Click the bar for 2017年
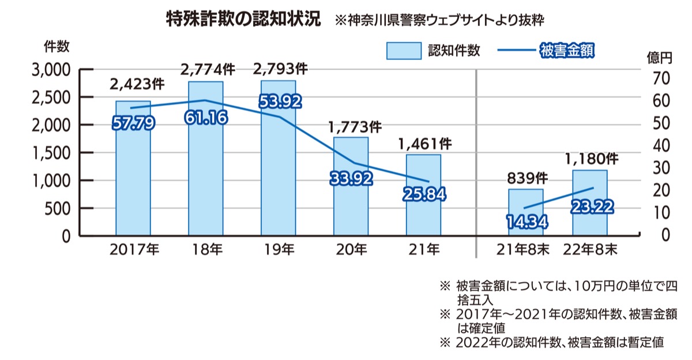(x=133, y=173)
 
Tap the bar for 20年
(x=351, y=196)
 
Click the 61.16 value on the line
(x=206, y=118)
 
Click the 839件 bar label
(x=525, y=178)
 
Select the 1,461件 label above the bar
(x=424, y=143)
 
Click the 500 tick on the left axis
(x=60, y=208)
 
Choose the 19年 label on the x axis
(x=278, y=250)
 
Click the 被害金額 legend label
(x=567, y=50)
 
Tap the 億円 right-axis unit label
(x=660, y=58)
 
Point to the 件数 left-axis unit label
(x=56, y=46)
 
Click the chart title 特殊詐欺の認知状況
(x=242, y=18)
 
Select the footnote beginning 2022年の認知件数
(x=554, y=343)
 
